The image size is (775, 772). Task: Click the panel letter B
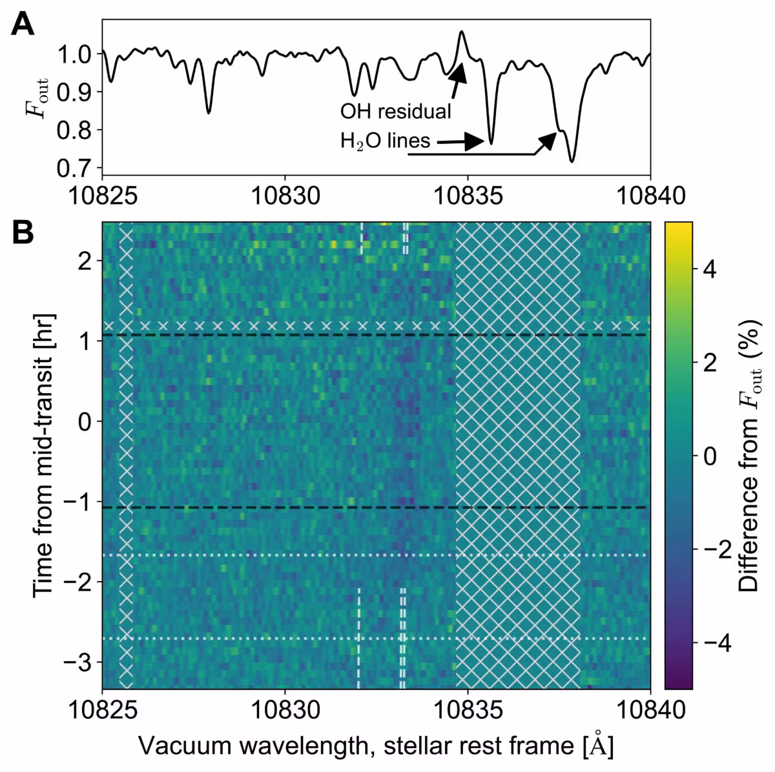point(23,232)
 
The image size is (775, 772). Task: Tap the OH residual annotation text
point(396,111)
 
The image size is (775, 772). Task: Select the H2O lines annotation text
point(386,141)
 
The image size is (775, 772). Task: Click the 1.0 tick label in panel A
point(74,54)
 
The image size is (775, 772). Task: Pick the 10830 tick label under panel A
point(285,197)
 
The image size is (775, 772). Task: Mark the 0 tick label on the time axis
point(85,422)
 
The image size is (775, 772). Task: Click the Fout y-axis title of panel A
point(37,97)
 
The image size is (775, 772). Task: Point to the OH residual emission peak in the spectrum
point(462,32)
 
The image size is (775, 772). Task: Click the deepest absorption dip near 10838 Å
point(572,161)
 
